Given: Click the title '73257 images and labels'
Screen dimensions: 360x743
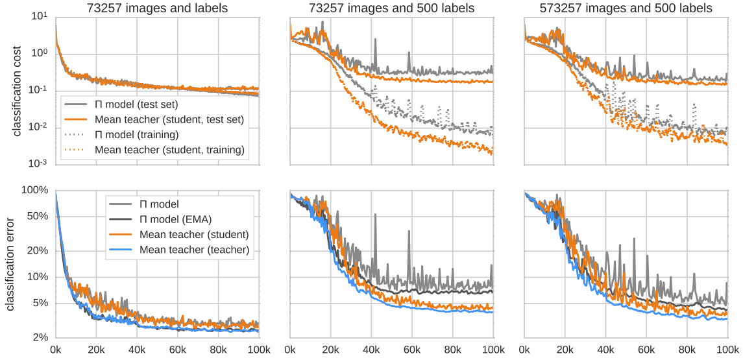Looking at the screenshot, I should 157,8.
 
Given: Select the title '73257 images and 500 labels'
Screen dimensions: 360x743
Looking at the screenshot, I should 391,8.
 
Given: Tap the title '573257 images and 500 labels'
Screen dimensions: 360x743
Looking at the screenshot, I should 626,8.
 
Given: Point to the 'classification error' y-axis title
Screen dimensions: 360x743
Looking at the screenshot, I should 11,263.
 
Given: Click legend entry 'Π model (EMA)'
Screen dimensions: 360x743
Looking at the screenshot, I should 177,219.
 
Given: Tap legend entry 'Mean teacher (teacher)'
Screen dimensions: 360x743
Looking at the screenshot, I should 195,248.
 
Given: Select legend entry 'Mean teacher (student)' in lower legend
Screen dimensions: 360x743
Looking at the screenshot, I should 195,234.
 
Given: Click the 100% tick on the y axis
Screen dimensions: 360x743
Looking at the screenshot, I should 35,191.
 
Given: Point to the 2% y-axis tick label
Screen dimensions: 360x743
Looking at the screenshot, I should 40,338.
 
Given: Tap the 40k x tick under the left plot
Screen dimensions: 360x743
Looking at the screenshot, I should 137,350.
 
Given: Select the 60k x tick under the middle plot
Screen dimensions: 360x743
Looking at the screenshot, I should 412,350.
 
